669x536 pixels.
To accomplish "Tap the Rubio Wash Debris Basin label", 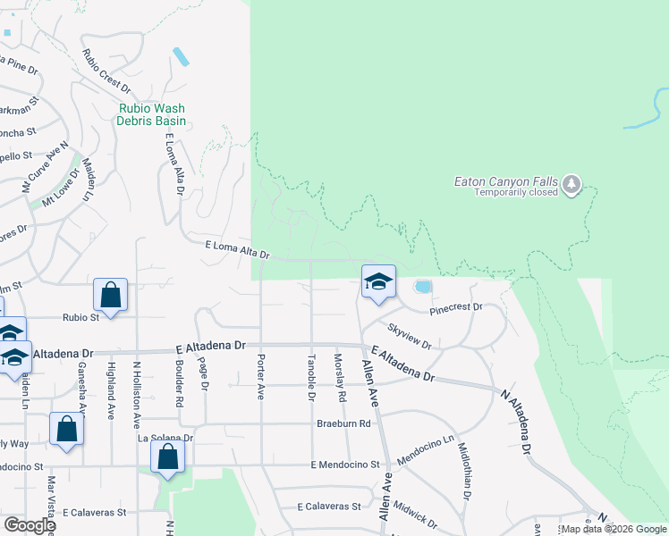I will point(153,114).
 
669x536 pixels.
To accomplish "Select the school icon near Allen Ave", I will point(378,281).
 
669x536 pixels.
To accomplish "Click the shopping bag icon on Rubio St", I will point(110,296).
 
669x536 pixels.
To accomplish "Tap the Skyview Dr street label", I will point(410,335).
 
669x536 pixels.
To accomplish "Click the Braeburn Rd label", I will point(343,423).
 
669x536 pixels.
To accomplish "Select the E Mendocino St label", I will point(345,465).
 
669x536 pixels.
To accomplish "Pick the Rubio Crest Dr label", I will point(106,71).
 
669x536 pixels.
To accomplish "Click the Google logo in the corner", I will point(30,525).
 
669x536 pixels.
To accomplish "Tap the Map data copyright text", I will point(614,529).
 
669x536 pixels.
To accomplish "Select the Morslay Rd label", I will point(341,377).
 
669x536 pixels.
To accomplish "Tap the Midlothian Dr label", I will point(464,471).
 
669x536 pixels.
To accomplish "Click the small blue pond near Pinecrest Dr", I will point(422,287).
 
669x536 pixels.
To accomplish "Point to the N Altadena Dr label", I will point(518,422).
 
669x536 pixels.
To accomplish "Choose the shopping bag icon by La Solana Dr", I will point(168,457).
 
